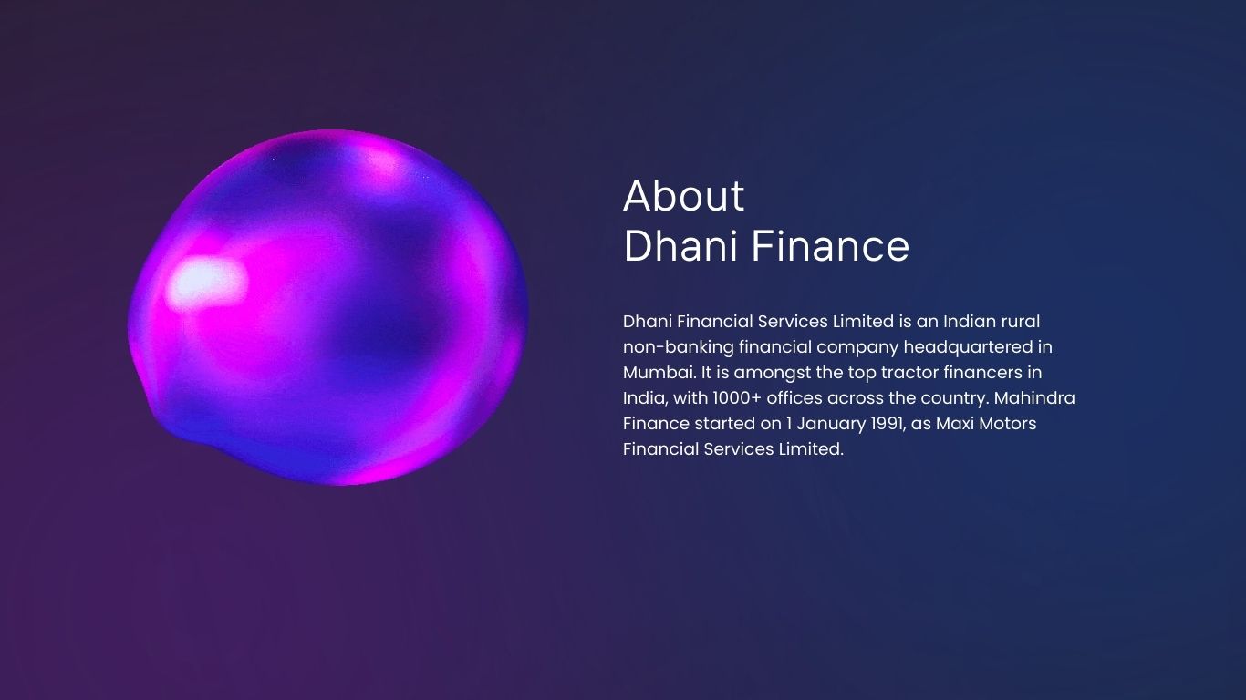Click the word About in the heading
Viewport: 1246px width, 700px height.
[x=683, y=196]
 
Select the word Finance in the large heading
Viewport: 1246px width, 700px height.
[x=830, y=246]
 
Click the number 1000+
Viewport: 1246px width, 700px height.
[x=737, y=398]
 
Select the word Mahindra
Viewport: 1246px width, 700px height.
[x=1034, y=398]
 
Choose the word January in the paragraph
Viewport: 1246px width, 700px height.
[x=831, y=424]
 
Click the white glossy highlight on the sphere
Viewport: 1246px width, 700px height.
[x=206, y=283]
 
